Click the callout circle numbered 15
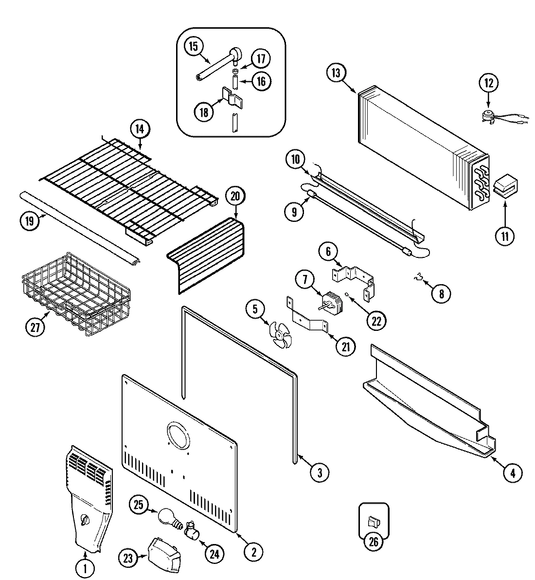point(193,47)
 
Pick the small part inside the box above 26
point(374,522)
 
